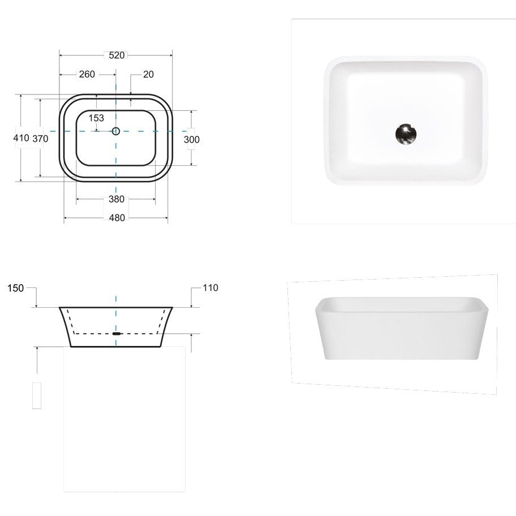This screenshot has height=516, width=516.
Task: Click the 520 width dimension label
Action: pyautogui.click(x=117, y=55)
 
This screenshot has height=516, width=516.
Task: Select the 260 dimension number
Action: pyautogui.click(x=87, y=74)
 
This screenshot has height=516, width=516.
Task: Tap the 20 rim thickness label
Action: pyautogui.click(x=148, y=74)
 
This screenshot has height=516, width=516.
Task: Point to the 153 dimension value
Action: pyautogui.click(x=96, y=118)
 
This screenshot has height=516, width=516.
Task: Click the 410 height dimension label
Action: pyautogui.click(x=21, y=137)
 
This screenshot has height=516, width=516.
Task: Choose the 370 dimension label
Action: pyautogui.click(x=40, y=139)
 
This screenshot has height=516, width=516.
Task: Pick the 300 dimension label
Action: pyautogui.click(x=192, y=140)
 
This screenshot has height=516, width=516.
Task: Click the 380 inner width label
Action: pyautogui.click(x=117, y=199)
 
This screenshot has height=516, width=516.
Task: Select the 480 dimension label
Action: pyautogui.click(x=117, y=217)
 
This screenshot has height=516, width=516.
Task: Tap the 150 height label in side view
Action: pyautogui.click(x=15, y=289)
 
